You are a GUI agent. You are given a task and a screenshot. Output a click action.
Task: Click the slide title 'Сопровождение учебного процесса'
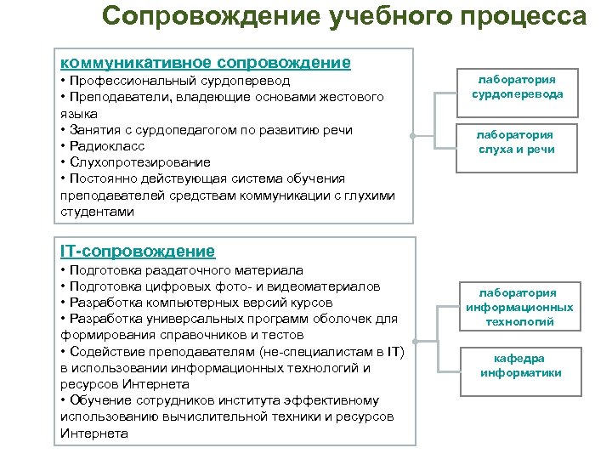point(343,17)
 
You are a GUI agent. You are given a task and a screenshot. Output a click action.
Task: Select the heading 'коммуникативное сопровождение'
point(206,63)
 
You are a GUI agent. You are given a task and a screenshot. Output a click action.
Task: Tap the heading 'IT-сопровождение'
point(138,251)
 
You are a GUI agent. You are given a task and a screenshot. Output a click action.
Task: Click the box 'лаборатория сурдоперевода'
point(518,87)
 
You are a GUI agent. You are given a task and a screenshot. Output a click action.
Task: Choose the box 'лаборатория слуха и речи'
point(514,143)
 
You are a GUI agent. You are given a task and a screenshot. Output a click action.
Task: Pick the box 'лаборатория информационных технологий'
point(519,307)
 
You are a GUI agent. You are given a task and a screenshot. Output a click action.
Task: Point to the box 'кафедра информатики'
point(520,366)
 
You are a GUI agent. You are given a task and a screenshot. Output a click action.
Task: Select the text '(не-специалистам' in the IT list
point(287,352)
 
